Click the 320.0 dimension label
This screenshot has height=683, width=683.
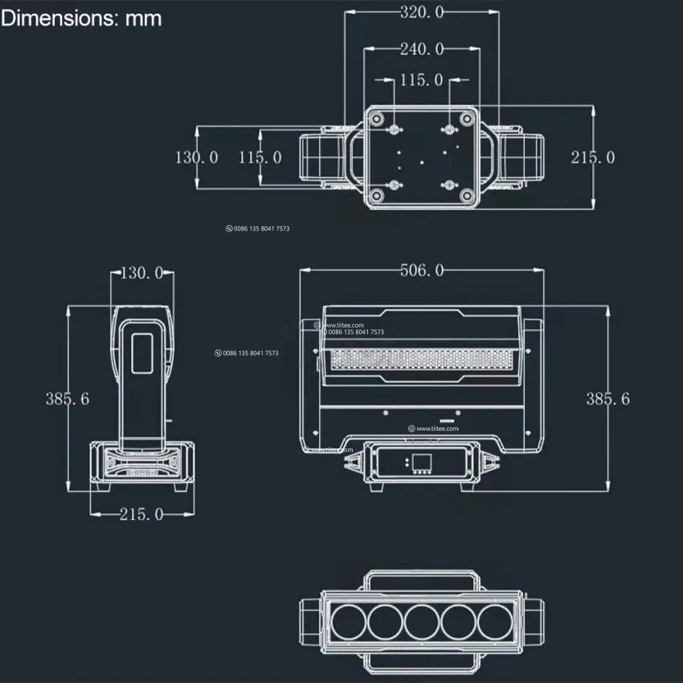tap(422, 12)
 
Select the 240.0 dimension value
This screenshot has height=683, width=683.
tap(422, 49)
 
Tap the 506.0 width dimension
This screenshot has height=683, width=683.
tap(422, 270)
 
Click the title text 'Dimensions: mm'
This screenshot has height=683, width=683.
tap(81, 18)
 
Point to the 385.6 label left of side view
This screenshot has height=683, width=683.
tap(68, 398)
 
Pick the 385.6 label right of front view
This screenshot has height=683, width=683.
tap(608, 398)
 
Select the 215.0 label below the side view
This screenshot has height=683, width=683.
tap(141, 514)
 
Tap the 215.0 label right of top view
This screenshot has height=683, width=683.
tap(593, 157)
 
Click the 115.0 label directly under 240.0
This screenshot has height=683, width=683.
tap(422, 80)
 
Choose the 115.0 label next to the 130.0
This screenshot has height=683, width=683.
tap(260, 157)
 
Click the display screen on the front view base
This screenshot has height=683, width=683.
tap(421, 462)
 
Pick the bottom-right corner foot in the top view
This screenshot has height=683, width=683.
tap(467, 195)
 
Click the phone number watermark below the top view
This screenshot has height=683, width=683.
tap(258, 229)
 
